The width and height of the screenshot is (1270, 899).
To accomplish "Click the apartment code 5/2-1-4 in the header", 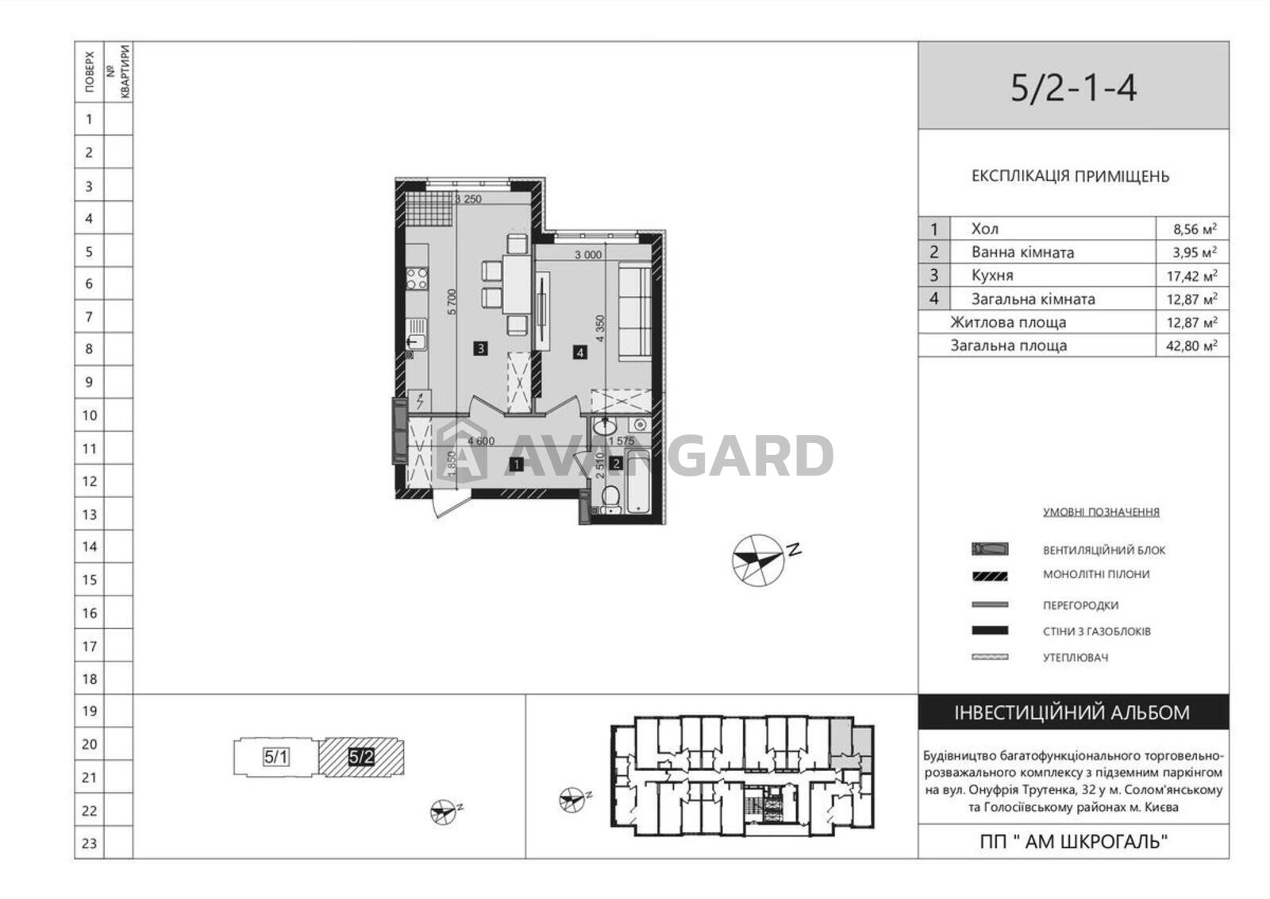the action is [1073, 89].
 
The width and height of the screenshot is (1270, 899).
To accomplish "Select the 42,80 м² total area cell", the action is [1191, 345].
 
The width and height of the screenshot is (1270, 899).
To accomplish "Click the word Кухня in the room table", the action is [992, 276].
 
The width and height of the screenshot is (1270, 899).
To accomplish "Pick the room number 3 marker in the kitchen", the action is [480, 349].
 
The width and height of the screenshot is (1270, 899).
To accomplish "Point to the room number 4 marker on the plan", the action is [579, 353].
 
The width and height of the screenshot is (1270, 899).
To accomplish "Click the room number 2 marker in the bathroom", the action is [616, 464].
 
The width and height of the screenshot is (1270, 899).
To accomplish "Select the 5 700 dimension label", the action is [452, 303].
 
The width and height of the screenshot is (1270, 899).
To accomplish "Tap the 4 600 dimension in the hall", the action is [481, 441].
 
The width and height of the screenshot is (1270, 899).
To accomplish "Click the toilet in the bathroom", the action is [610, 499].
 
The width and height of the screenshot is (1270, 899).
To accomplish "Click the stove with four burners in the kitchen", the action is [417, 279].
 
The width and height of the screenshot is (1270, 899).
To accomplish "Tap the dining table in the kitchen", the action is [517, 293].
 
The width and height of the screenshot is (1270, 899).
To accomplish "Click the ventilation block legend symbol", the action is [990, 549].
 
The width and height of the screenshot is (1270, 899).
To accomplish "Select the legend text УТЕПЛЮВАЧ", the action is [1075, 658].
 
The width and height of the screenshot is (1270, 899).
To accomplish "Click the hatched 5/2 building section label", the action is [361, 757].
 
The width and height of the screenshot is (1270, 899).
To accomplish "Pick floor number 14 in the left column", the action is [90, 546].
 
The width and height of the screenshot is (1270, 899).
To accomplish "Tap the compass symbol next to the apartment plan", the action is [759, 560].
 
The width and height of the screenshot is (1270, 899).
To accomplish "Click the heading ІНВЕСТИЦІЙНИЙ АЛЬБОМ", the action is [1072, 712].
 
